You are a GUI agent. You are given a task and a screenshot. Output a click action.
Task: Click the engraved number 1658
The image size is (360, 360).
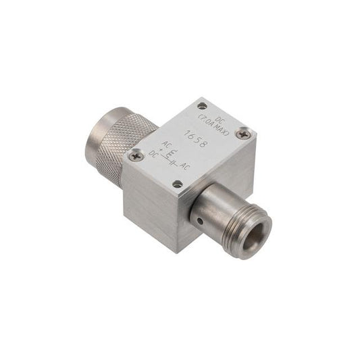click(x=197, y=138)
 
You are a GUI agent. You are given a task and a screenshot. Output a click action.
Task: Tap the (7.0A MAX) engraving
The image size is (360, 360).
click(x=213, y=125)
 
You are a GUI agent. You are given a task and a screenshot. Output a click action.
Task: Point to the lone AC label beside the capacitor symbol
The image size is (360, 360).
click(x=184, y=166)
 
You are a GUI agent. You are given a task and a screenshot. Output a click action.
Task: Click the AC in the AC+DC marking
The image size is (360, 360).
click(x=165, y=145)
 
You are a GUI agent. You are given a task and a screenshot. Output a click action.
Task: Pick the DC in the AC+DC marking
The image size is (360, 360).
click(x=153, y=153)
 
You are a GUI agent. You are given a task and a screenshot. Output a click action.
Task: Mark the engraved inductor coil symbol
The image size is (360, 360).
click(x=170, y=153)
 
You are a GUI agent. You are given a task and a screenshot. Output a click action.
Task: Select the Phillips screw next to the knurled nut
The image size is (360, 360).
click(x=136, y=155)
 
